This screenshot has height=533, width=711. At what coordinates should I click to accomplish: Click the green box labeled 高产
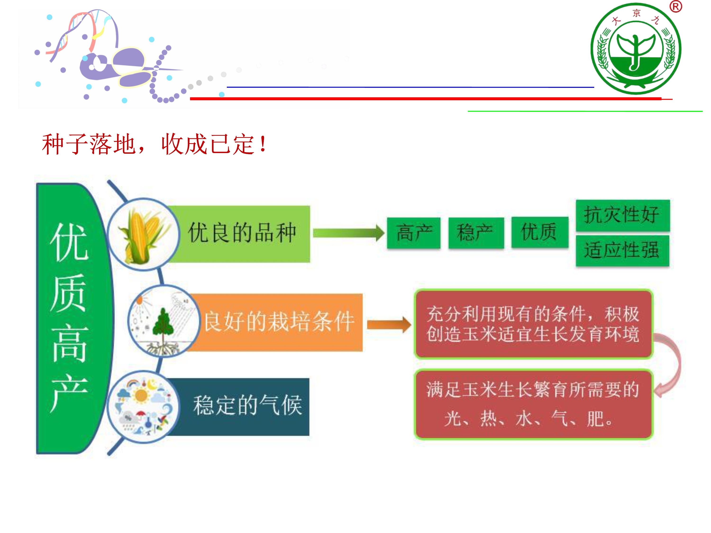[414, 233]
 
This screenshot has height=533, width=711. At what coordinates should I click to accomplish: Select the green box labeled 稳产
[476, 233]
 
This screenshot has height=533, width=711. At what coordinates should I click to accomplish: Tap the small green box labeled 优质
[540, 232]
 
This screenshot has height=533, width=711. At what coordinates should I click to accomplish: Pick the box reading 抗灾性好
[623, 215]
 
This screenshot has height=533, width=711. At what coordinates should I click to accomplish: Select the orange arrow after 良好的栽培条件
[389, 325]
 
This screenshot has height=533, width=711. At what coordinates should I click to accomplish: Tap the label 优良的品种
[242, 232]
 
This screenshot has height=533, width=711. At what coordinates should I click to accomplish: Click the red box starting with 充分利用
[533, 324]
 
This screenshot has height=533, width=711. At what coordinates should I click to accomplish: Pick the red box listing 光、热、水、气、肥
[533, 404]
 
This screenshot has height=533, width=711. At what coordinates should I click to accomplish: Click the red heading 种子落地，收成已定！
[154, 144]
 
